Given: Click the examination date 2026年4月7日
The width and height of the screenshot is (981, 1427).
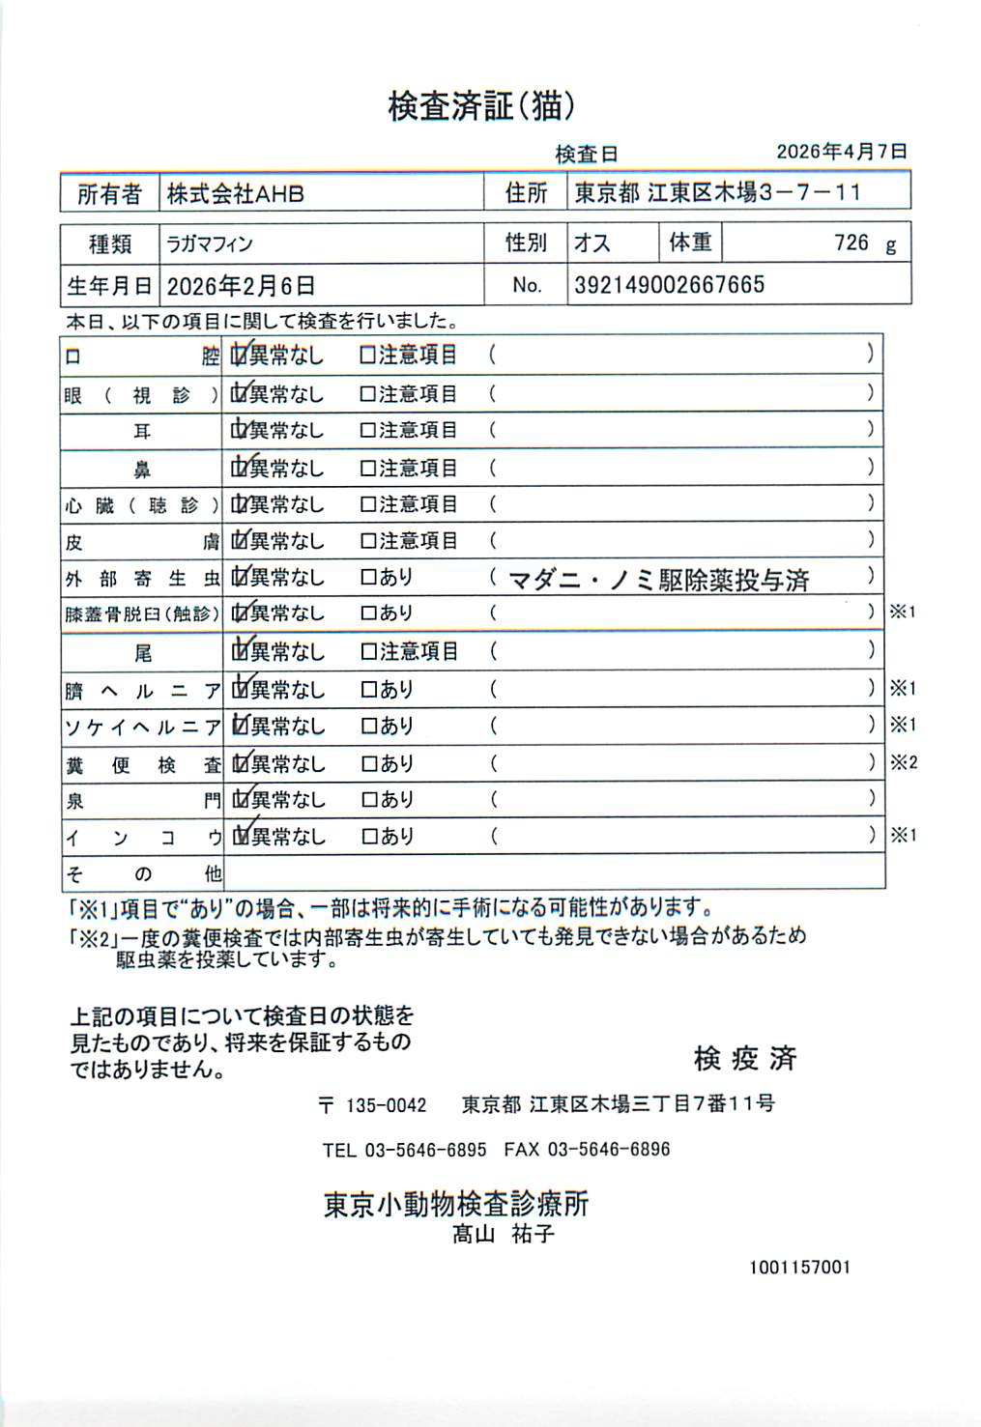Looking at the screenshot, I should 841,152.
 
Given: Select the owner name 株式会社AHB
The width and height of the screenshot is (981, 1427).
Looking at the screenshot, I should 235,194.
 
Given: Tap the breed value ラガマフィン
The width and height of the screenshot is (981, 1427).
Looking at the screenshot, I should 210,244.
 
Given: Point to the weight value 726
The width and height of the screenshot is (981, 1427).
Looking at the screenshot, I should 851,243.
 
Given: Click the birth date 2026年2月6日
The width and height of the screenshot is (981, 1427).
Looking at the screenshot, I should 241,286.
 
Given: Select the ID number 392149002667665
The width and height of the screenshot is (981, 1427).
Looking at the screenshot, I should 669,285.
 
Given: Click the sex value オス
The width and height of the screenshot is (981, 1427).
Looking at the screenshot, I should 591,243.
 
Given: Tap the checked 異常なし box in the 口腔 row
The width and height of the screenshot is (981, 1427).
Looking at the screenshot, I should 239,356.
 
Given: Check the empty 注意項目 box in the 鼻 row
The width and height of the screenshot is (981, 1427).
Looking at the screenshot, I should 367,469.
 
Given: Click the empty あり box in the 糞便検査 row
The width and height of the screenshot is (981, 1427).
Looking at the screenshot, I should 368,764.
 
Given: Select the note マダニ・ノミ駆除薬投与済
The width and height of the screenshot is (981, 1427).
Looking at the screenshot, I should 658,580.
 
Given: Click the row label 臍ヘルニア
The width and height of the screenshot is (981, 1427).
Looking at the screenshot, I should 142,691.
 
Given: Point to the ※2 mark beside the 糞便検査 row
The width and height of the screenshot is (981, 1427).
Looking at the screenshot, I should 903,763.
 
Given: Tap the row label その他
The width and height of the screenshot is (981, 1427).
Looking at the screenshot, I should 142,874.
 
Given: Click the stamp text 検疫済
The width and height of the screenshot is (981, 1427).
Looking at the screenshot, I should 745,1059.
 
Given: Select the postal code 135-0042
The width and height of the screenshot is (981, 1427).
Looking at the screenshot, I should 386,1105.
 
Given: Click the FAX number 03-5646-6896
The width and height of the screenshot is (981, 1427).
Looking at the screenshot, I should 608,1150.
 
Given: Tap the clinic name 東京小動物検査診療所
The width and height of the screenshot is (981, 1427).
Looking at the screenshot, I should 455,1204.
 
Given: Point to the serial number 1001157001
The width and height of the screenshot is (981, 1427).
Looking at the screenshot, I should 799,1267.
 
